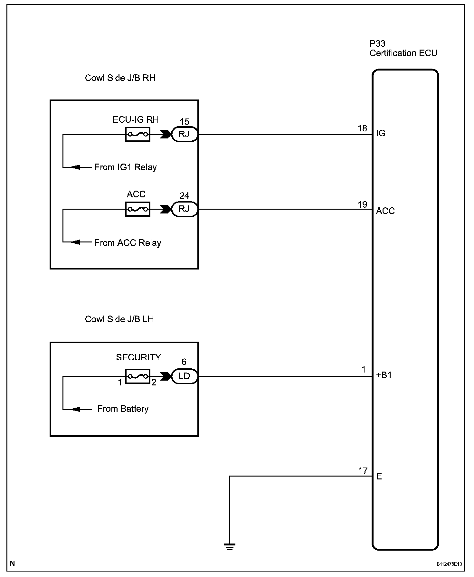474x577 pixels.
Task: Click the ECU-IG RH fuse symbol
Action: (137, 134)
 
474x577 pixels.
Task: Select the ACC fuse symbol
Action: (137, 209)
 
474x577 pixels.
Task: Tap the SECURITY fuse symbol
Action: (137, 376)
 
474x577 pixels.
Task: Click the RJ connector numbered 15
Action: (184, 134)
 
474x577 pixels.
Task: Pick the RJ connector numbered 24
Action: (184, 209)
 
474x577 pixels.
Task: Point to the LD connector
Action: (184, 376)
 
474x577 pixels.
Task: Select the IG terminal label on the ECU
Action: (381, 133)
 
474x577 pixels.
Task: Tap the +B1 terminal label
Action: (384, 375)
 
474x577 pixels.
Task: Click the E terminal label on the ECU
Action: (379, 476)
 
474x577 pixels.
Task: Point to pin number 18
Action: (362, 128)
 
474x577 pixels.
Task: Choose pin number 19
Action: (362, 204)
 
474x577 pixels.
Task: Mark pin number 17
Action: (363, 471)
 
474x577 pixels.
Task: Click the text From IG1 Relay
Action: (125, 167)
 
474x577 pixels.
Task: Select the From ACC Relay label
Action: (128, 243)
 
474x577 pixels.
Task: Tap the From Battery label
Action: (123, 409)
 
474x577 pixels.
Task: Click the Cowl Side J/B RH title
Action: (120, 78)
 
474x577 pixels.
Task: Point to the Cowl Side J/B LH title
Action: (119, 319)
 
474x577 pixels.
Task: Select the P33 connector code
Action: (377, 43)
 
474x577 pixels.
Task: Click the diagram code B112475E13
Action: (449, 564)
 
